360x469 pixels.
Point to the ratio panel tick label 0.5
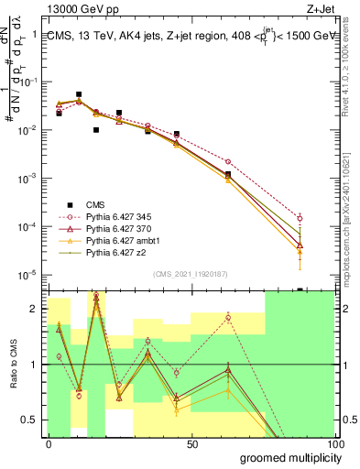(30, 420)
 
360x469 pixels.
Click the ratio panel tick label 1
(35, 365)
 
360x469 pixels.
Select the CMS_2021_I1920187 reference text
(191, 274)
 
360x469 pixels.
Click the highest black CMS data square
(79, 94)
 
